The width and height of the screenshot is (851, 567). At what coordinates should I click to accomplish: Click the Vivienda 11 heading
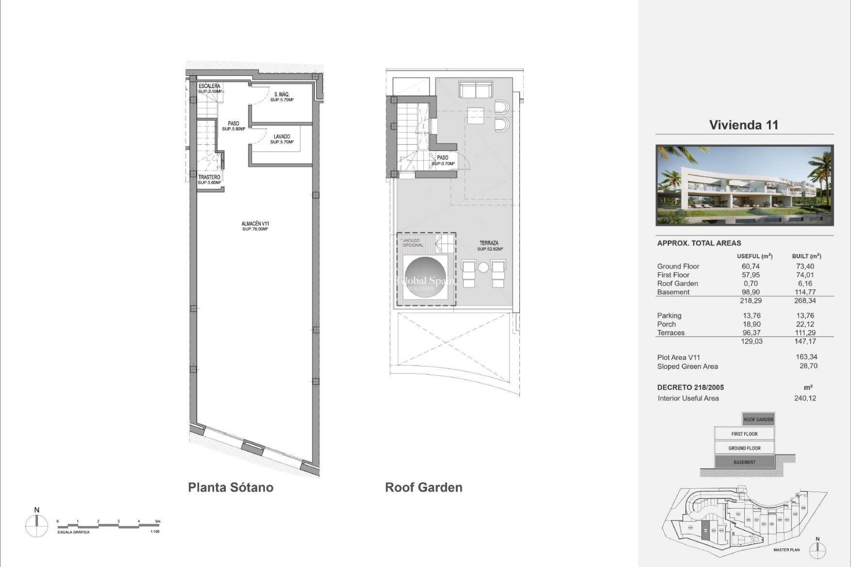[x=744, y=125]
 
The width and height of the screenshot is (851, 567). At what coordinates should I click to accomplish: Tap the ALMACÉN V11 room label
[x=255, y=226]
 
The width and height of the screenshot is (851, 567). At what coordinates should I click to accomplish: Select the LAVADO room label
[x=281, y=139]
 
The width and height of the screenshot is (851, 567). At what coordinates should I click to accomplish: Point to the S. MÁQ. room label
[x=281, y=97]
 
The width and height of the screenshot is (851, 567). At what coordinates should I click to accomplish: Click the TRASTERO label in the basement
[x=209, y=179]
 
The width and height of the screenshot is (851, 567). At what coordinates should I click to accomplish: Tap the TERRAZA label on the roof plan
[x=489, y=246]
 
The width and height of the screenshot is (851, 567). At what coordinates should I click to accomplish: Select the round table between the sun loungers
[x=483, y=268]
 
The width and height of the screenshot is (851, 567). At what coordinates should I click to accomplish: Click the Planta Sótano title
[x=230, y=487]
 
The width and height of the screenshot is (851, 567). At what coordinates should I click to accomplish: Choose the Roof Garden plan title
[x=423, y=487]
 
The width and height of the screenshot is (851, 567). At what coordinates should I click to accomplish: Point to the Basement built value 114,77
[x=805, y=292]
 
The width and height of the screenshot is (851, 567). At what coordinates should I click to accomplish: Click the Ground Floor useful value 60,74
[x=750, y=266]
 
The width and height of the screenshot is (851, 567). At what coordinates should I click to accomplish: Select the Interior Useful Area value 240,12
[x=805, y=398]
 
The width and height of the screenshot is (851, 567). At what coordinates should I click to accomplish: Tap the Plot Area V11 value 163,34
[x=806, y=357]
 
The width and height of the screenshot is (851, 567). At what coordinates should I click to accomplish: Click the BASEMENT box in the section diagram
[x=744, y=462]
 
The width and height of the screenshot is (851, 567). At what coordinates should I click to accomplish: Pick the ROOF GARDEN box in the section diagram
[x=758, y=419]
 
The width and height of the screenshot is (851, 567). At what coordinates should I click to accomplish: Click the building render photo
[x=744, y=185]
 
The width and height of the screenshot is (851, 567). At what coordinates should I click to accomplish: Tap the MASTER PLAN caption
[x=786, y=550]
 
